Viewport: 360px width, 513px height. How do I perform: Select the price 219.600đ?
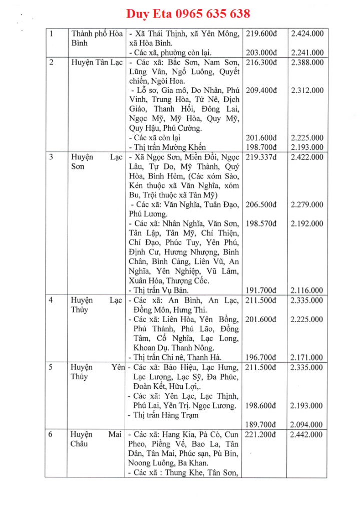pyautogui.click(x=261, y=34)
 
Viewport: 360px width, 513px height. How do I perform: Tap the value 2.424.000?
pyautogui.click(x=306, y=34)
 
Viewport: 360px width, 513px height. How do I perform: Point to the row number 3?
pyautogui.click(x=51, y=157)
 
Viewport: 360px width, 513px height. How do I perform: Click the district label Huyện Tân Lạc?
pyautogui.click(x=97, y=63)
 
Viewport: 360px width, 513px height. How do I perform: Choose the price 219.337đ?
pyautogui.click(x=261, y=157)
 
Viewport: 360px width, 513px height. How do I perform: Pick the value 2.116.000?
pyautogui.click(x=306, y=290)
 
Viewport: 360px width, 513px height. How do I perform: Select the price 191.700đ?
pyautogui.click(x=261, y=290)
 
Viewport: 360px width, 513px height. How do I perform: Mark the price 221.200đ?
pyautogui.click(x=261, y=434)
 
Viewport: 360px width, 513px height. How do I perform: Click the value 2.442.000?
pyautogui.click(x=306, y=434)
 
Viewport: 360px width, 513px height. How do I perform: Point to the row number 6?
pyautogui.click(x=51, y=434)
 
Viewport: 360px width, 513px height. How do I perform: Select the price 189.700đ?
pyautogui.click(x=261, y=424)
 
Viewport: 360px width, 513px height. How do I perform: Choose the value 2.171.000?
pyautogui.click(x=306, y=357)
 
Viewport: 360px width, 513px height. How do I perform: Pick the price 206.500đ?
pyautogui.click(x=261, y=204)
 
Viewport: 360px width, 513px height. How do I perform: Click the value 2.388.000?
pyautogui.click(x=306, y=63)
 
